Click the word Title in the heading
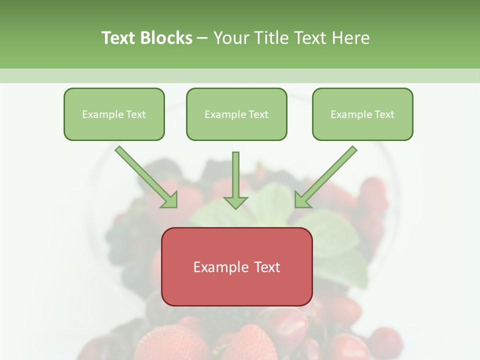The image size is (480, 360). click(270, 38)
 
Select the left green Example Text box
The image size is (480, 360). click(114, 114)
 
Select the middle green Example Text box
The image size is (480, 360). click(236, 114)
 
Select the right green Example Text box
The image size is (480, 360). click(362, 114)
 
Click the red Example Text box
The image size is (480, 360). click(236, 267)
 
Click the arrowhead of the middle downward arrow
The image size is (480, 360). click(235, 202)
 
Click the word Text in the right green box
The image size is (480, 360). click(384, 114)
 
